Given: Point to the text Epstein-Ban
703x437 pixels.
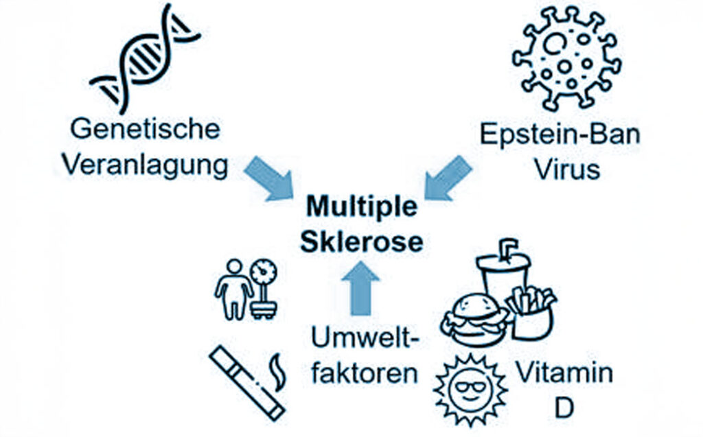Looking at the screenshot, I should [x=560, y=134].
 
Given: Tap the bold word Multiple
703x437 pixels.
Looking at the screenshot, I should [x=361, y=206].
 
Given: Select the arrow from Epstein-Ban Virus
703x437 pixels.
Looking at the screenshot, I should [x=448, y=178].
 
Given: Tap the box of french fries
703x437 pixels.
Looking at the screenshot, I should [x=532, y=313].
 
